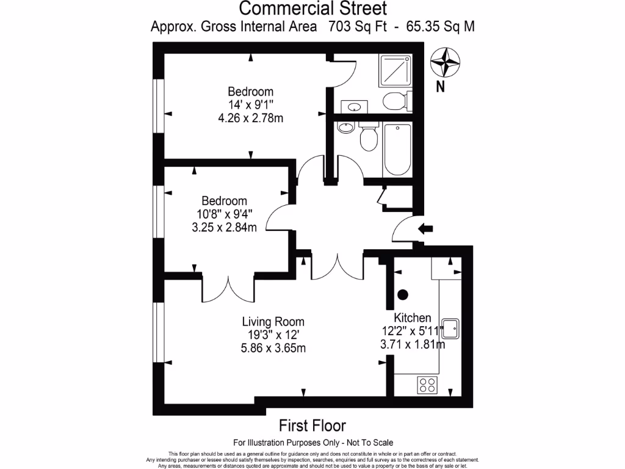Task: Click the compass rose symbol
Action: coord(445,62)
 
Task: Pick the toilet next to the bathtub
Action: coord(368,137)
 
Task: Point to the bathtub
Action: coord(397,149)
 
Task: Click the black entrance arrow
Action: coord(425,228)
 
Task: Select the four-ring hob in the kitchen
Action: coord(427,385)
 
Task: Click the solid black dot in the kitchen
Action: coord(403,294)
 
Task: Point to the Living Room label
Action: coord(273,322)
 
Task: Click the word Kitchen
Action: coord(413,318)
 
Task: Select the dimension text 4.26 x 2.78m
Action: coord(251,118)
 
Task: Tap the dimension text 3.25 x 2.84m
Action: coord(224,228)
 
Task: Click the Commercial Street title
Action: coord(312,9)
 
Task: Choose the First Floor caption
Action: coord(312,425)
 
